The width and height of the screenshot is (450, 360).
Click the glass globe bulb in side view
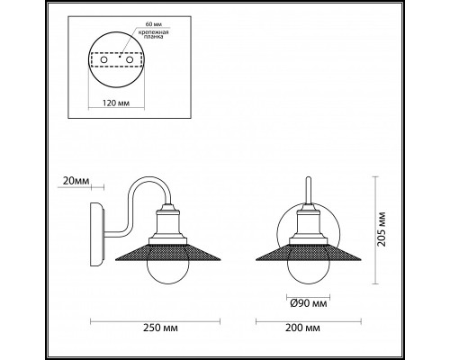166,267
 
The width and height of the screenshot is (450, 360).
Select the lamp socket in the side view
166,225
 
